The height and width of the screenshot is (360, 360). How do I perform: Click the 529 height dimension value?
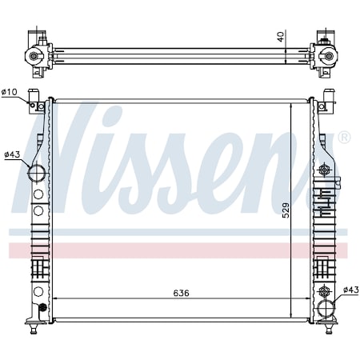[286, 210]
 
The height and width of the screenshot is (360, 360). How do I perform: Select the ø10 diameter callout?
[10, 93]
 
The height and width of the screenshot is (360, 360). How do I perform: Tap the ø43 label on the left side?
[12, 154]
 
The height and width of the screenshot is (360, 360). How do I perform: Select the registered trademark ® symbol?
[344, 138]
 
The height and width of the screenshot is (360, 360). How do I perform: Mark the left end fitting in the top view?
[35, 55]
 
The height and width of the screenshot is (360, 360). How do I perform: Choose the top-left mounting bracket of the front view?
[37, 102]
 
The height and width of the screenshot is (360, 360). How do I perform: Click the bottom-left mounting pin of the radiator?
[33, 327]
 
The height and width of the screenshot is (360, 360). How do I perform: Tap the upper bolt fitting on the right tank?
[324, 170]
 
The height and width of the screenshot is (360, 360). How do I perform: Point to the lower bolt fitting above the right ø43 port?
[323, 290]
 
